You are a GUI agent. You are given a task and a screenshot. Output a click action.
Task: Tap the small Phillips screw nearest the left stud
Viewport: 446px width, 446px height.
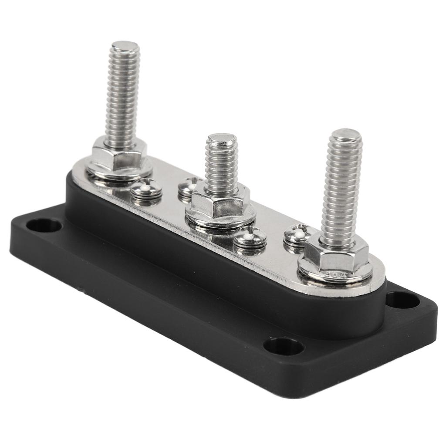[x=146, y=189]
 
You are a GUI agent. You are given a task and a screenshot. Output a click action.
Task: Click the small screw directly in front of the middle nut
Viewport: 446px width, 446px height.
[x=250, y=237]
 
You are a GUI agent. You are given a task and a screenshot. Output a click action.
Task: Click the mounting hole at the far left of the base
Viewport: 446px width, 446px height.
[x=44, y=225]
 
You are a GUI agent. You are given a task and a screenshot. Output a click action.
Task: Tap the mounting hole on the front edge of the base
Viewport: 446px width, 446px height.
[x=284, y=347]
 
